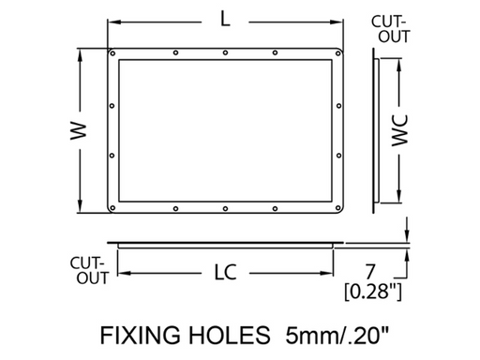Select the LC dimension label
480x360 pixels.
(x=223, y=273)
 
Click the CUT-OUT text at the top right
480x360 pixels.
(x=389, y=29)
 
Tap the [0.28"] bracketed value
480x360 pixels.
(x=373, y=292)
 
